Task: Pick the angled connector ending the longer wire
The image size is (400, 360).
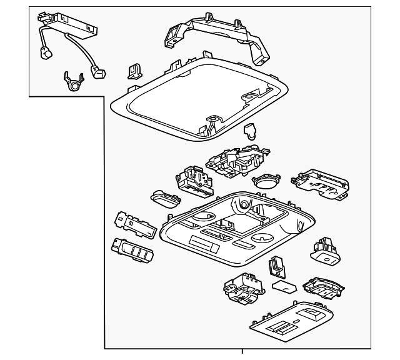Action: pos(99,72)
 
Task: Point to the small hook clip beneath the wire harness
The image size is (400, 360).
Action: pos(73,82)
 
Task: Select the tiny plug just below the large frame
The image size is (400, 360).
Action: pos(250,131)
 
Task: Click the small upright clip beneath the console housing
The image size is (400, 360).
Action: pos(277,267)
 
